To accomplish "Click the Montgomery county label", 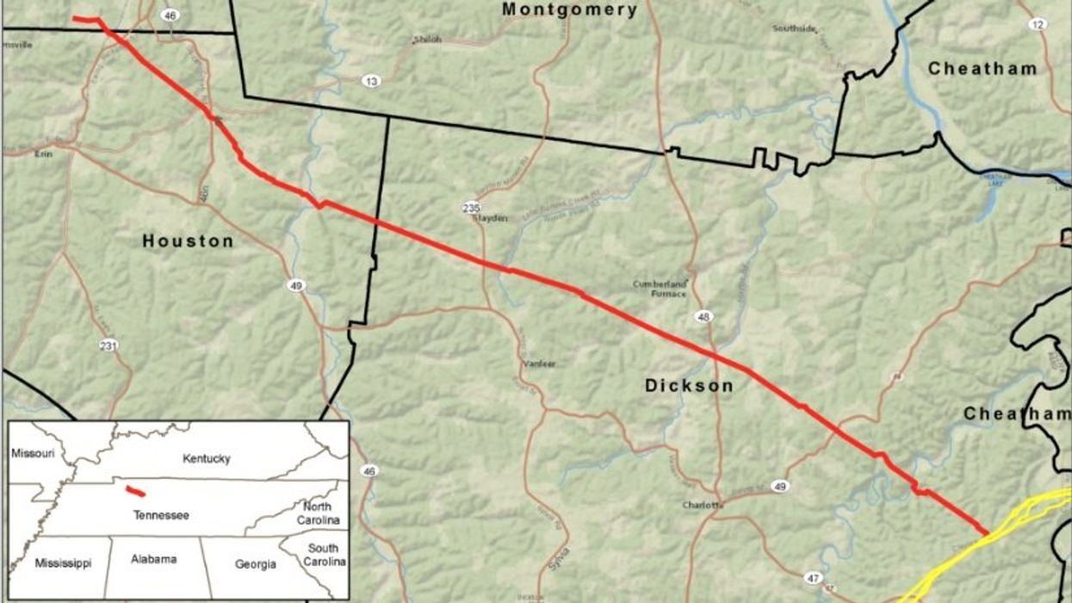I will [570, 10].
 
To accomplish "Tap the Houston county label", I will [188, 241].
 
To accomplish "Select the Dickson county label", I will [689, 386].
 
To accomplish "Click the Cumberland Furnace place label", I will [660, 289].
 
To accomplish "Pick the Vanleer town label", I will [539, 364].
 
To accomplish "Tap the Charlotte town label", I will [702, 505].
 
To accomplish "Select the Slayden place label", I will [489, 218].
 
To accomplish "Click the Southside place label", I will [794, 28].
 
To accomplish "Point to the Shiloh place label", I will [427, 40].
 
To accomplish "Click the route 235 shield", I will [470, 207].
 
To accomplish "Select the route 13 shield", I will [371, 81].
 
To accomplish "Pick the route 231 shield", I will [108, 345].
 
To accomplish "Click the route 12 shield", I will [1037, 24].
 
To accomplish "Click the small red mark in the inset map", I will [134, 491].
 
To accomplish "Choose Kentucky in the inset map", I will [207, 459].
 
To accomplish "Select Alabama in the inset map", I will [154, 559].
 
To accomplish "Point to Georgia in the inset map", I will [256, 564].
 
